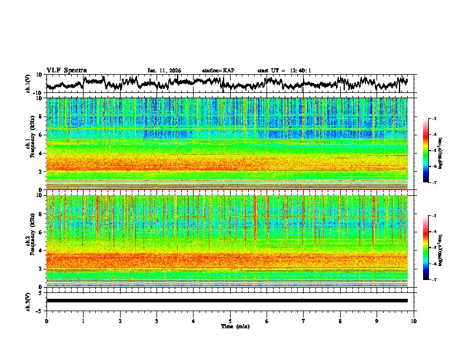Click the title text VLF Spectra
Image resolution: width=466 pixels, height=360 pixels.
(x=66, y=71)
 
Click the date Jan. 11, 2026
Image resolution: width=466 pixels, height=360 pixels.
(x=164, y=71)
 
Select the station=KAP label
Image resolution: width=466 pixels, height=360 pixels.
(x=218, y=71)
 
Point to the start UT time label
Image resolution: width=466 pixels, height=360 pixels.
(x=284, y=71)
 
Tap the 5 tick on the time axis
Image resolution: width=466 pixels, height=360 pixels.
(x=230, y=321)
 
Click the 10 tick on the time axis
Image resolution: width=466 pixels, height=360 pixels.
(x=414, y=321)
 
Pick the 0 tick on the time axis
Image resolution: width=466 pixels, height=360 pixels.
(x=46, y=321)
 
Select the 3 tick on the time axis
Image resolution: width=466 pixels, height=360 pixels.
(x=157, y=321)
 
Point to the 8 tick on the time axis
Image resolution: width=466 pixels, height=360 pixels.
(x=340, y=321)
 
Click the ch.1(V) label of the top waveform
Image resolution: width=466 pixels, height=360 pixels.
(x=28, y=84)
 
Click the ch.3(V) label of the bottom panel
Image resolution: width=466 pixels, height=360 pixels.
(x=28, y=300)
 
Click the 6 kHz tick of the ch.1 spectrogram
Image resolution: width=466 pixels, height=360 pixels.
(x=40, y=135)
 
